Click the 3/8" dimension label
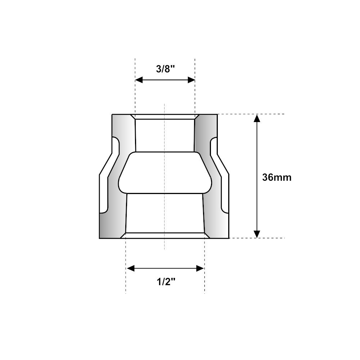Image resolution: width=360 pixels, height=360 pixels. (x=166, y=69)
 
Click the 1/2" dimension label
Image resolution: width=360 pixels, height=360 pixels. (x=166, y=282)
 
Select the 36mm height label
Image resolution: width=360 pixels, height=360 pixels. (x=276, y=177)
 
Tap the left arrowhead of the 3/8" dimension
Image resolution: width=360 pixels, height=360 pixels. (x=139, y=80)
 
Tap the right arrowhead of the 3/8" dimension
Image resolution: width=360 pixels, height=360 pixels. (x=191, y=80)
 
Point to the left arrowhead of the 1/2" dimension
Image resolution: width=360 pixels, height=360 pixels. (x=131, y=268)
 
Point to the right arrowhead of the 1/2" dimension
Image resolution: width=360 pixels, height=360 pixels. (x=200, y=268)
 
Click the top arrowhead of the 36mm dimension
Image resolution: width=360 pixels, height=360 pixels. (x=257, y=118)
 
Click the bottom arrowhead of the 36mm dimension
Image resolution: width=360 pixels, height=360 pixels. (x=257, y=234)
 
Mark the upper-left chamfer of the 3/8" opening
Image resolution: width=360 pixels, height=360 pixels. (x=133, y=117)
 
